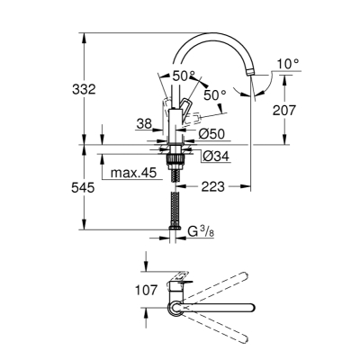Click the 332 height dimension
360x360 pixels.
click(x=84, y=89)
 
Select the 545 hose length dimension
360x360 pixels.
click(x=83, y=188)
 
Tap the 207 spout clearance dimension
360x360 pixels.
click(x=284, y=110)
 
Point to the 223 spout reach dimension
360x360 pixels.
click(x=212, y=187)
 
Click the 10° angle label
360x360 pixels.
click(x=288, y=64)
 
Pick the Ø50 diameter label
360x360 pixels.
click(x=211, y=134)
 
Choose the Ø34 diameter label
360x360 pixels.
click(x=216, y=156)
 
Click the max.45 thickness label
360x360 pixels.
click(x=134, y=173)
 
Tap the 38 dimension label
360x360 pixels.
click(x=144, y=123)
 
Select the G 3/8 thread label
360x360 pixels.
click(x=201, y=231)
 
